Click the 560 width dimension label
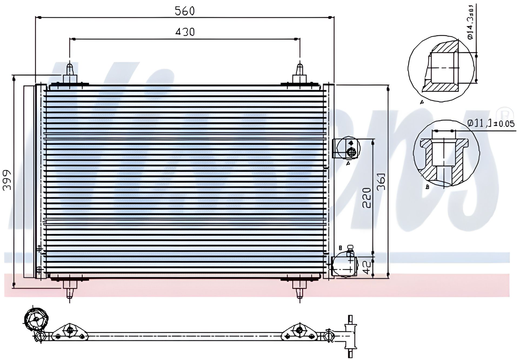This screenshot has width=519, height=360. coord(185,11)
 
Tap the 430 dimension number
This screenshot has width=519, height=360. coord(185,32)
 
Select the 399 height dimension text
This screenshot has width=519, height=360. coord(6,180)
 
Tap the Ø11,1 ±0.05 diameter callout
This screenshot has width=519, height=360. coord(491,123)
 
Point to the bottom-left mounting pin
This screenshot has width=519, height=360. coord(70,289)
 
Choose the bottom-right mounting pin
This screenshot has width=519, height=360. coord(300,289)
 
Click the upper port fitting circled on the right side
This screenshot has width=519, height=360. coord(348,148)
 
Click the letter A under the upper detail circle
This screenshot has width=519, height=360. coord(422,102)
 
